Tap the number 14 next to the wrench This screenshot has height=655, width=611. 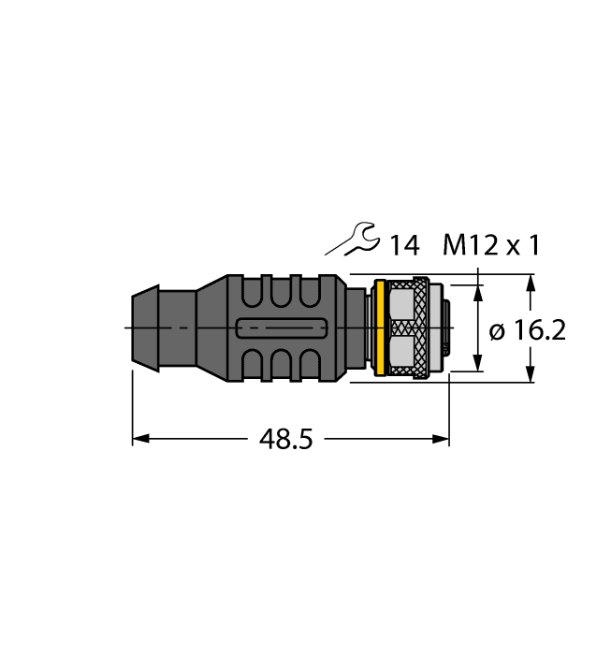coord(403,246)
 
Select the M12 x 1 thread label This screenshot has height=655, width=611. coord(490,246)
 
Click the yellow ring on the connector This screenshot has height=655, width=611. coord(380,328)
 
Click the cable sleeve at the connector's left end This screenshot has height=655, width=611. coord(150,328)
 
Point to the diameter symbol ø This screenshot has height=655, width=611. coord(497,331)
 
